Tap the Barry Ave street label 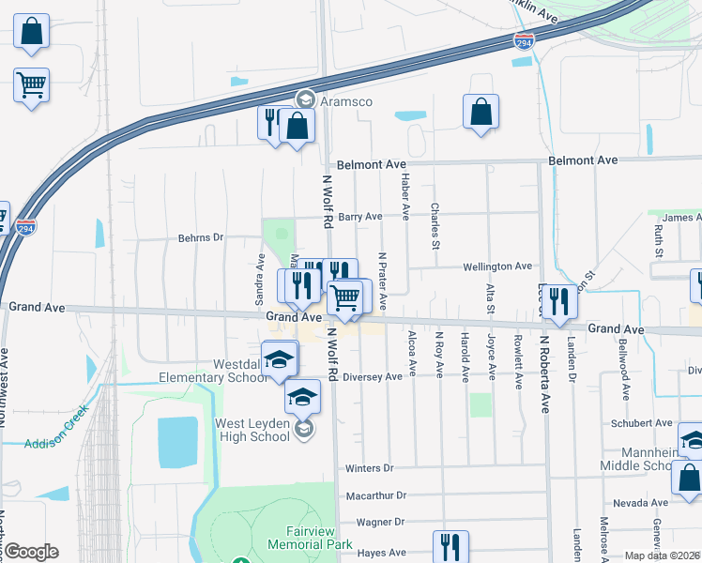point(360,217)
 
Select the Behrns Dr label point(201,237)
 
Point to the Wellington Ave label point(497,266)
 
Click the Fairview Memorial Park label point(310,538)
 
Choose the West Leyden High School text point(252,430)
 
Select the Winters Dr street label point(368,468)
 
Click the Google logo point(31,551)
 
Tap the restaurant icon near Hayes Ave point(450,545)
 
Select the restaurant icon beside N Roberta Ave point(559,302)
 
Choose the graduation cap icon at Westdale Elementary point(279,359)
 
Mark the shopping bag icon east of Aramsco point(481,112)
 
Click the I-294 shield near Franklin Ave point(526,41)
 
